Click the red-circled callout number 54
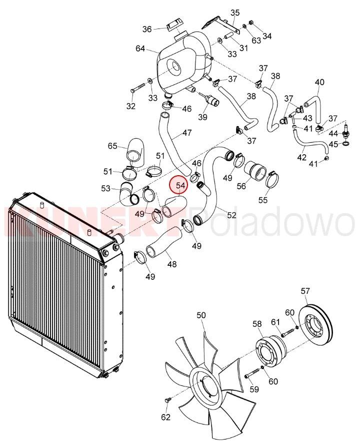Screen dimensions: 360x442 pyautogui.click(x=180, y=186)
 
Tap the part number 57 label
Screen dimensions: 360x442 pyautogui.click(x=305, y=291)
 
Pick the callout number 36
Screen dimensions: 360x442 pyautogui.click(x=147, y=29)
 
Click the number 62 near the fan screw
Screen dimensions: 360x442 pyautogui.click(x=166, y=417)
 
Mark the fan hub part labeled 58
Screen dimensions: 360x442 pyautogui.click(x=270, y=351)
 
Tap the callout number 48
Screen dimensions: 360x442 pyautogui.click(x=172, y=264)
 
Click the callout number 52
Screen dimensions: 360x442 pyautogui.click(x=231, y=215)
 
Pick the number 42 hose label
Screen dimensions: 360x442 pyautogui.click(x=301, y=157)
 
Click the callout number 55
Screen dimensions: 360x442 pyautogui.click(x=263, y=200)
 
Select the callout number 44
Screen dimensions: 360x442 pyautogui.click(x=333, y=133)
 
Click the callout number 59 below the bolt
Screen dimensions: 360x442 pyautogui.click(x=254, y=389)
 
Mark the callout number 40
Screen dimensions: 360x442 pyautogui.click(x=319, y=82)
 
